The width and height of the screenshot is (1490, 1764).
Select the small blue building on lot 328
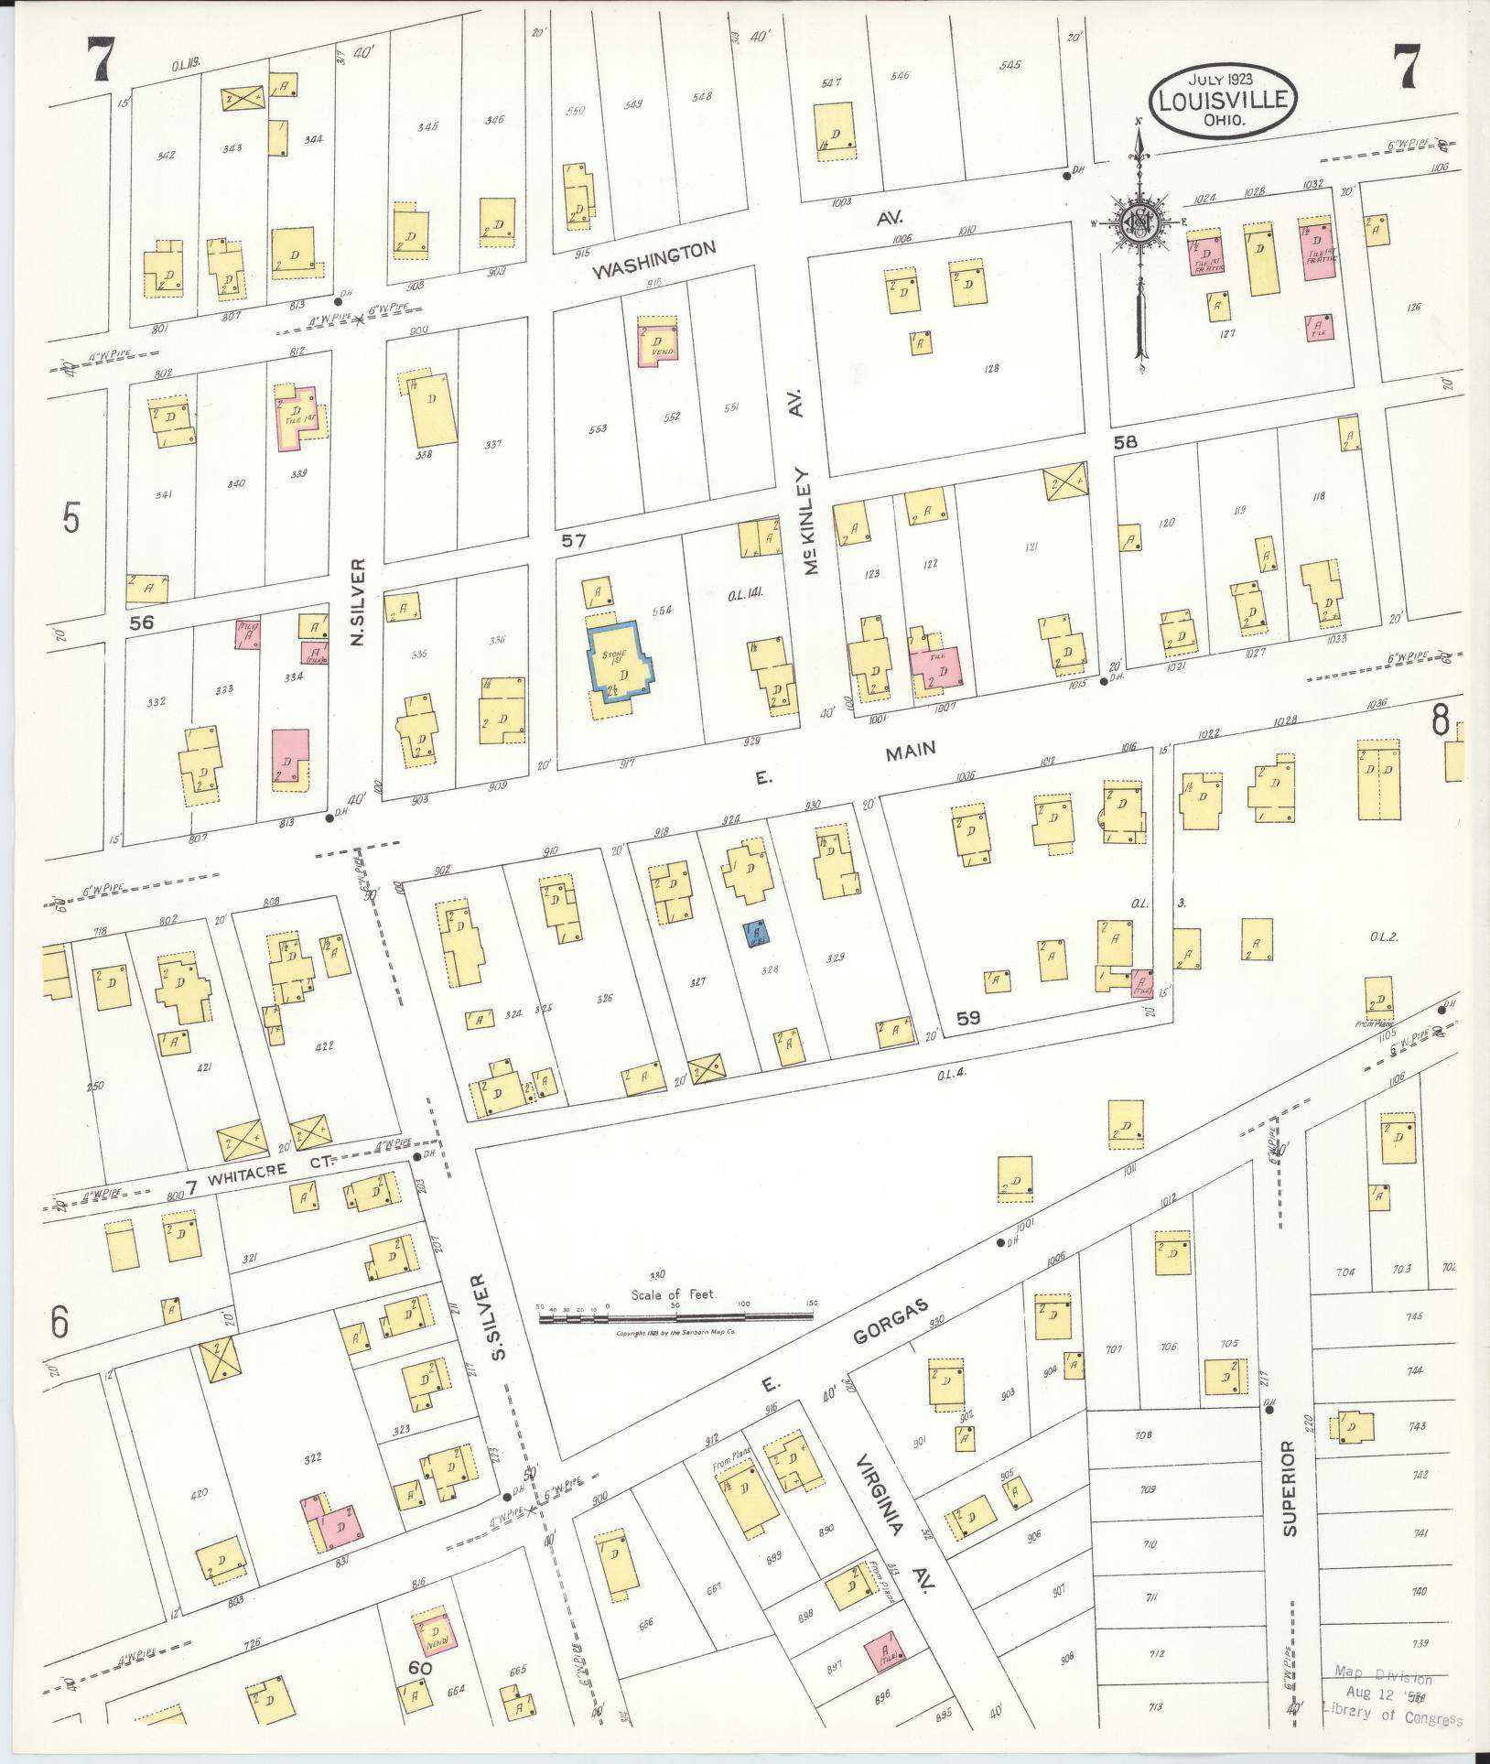click(x=758, y=934)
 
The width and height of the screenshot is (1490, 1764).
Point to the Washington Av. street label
click(x=653, y=260)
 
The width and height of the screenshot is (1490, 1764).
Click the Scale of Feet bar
click(x=675, y=1315)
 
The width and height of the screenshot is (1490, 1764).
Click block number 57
click(x=573, y=541)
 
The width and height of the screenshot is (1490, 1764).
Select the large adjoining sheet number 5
click(x=71, y=518)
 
